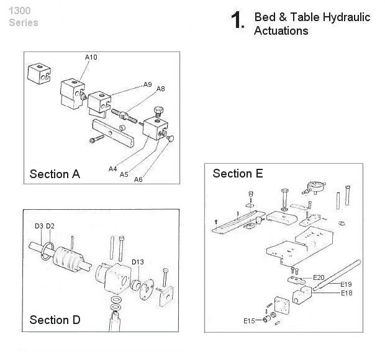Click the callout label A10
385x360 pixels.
(91, 57)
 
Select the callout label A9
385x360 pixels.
(147, 84)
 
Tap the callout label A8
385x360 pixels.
(160, 89)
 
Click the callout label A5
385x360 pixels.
(124, 174)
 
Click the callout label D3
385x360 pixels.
(38, 225)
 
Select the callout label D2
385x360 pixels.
(50, 225)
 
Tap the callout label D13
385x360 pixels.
(138, 262)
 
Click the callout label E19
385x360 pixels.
(346, 285)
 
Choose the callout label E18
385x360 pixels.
(346, 293)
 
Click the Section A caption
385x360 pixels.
(55, 174)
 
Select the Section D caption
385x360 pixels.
(55, 320)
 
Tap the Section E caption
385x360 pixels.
(238, 173)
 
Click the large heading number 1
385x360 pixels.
(236, 22)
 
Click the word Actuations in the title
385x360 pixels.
(281, 30)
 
